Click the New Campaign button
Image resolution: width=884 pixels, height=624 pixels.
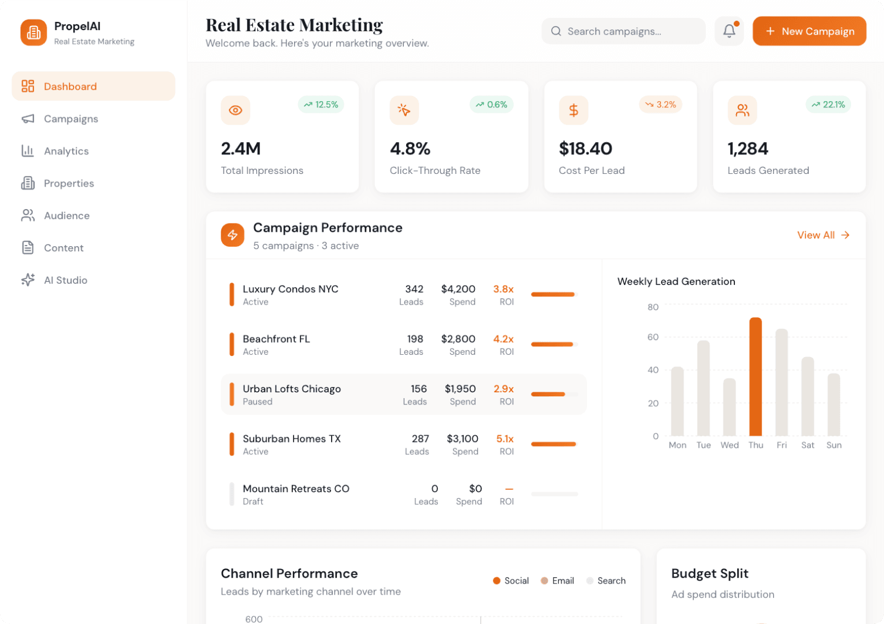[809, 31]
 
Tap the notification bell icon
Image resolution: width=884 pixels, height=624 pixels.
[729, 31]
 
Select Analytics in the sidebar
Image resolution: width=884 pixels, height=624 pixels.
[66, 151]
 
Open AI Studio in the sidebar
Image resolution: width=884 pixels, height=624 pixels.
[65, 280]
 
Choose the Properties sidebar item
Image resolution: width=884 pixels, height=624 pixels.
[69, 183]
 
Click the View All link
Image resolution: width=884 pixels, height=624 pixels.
[823, 235]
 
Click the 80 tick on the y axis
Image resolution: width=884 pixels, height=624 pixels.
[653, 307]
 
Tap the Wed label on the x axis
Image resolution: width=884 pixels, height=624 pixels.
[729, 445]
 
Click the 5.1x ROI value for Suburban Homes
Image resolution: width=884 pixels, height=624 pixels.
[504, 439]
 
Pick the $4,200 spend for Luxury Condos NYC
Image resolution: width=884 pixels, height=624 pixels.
[458, 289]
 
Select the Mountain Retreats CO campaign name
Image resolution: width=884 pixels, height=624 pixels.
[296, 489]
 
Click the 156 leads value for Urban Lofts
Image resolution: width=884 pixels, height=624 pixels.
[418, 389]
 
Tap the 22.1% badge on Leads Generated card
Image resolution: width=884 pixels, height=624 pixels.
[828, 105]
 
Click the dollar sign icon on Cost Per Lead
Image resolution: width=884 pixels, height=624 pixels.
[573, 110]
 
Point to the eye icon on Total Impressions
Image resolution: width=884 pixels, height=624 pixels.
[235, 110]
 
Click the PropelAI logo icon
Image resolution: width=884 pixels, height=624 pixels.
[34, 32]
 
